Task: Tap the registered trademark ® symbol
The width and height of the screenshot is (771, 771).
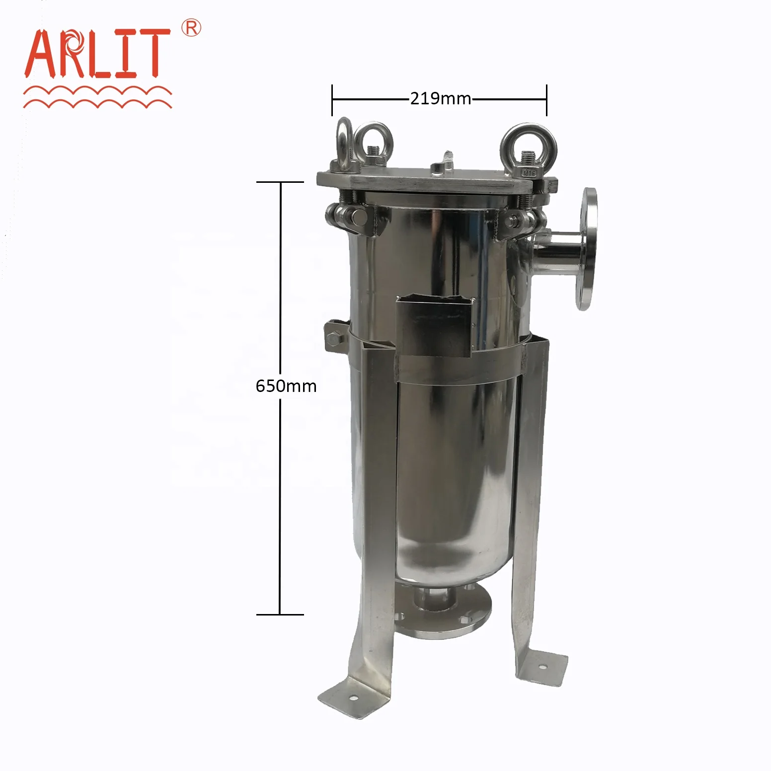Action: pos(191,28)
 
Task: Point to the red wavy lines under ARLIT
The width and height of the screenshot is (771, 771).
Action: pos(97,97)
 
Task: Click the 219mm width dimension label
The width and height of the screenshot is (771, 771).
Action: pos(440,99)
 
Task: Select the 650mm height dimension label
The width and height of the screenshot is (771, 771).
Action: pos(286,386)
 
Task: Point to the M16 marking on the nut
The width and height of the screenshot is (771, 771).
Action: pos(529,173)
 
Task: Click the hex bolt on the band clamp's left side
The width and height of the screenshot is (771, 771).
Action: pos(335,339)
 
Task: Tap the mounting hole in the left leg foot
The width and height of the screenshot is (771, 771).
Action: pos(353,698)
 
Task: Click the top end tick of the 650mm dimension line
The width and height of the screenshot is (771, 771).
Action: pos(280,182)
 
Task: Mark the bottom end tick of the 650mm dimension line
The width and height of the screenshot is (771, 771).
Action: pos(280,615)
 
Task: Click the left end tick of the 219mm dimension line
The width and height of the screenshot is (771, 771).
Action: pos(332,100)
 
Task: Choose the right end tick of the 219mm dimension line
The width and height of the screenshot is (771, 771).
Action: pos(546,100)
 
